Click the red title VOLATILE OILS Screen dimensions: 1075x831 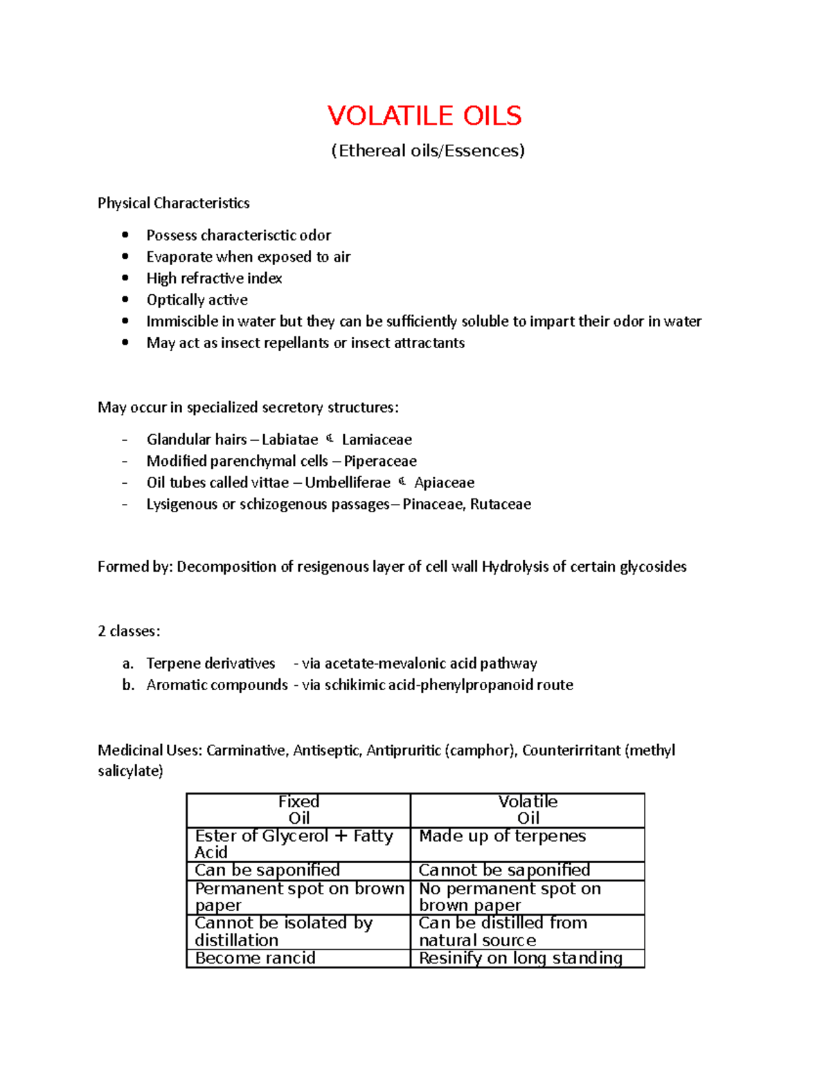[x=425, y=116]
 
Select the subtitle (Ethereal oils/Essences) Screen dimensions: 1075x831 [x=428, y=151]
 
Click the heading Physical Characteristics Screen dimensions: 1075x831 [x=173, y=203]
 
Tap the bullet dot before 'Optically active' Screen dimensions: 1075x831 [x=125, y=299]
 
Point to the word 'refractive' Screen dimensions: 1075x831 [x=212, y=278]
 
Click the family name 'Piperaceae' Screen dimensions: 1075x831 [x=380, y=461]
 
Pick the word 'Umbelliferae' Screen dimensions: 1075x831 [x=348, y=482]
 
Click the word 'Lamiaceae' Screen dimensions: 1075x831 [x=377, y=440]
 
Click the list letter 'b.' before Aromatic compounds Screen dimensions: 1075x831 [x=128, y=685]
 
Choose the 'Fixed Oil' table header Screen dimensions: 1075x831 [x=298, y=810]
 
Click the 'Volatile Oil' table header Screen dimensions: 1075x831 [x=528, y=810]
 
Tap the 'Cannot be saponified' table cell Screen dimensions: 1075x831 [x=504, y=870]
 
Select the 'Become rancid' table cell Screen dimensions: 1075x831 [x=255, y=958]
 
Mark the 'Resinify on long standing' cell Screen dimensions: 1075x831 [x=520, y=958]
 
